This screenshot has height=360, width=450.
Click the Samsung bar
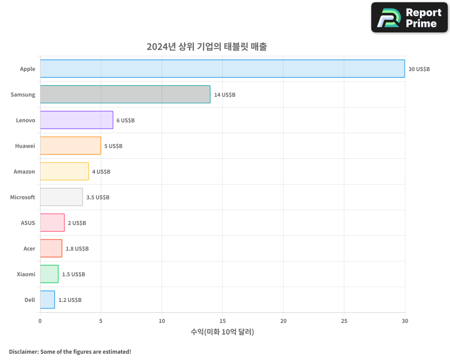(125, 94)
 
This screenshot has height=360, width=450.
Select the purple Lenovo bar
(76, 120)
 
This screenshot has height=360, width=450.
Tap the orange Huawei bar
(70, 146)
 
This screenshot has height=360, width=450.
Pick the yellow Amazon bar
(64, 171)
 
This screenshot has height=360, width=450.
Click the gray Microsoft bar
(61, 197)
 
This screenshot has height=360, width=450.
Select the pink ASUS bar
(52, 223)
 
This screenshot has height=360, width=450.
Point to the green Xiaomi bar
(49, 274)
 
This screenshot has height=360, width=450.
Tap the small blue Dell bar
(47, 300)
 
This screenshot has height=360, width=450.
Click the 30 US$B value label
(419, 69)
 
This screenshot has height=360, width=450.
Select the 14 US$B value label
(225, 95)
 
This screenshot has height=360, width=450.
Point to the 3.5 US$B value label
(98, 198)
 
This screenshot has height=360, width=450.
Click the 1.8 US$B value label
(77, 249)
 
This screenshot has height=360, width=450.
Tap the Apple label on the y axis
(27, 69)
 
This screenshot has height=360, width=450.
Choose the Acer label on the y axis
(29, 249)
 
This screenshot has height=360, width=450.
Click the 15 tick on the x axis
(222, 321)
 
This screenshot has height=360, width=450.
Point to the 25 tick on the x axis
(344, 321)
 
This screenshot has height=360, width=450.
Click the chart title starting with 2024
(207, 47)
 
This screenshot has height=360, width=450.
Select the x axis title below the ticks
(222, 332)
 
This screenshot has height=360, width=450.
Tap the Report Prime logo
(409, 18)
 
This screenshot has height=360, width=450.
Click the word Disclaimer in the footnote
(23, 352)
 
